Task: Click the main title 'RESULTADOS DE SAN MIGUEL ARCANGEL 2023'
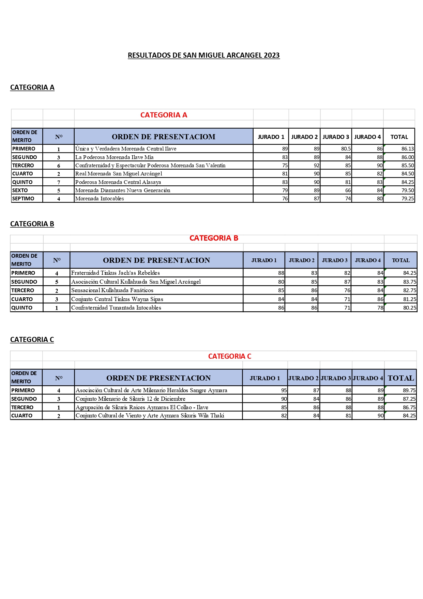click(203, 55)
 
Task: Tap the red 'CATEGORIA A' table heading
click(164, 115)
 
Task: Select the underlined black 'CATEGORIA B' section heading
click(32, 224)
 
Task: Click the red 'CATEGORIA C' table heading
click(229, 356)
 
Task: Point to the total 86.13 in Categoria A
click(407, 149)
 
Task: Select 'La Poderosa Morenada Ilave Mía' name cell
click(114, 157)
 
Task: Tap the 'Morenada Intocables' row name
click(100, 199)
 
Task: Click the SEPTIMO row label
click(23, 199)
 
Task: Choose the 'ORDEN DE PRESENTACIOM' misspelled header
click(164, 137)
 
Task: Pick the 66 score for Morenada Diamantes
click(348, 190)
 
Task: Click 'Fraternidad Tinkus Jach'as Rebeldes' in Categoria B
click(115, 273)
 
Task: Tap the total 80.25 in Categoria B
click(409, 308)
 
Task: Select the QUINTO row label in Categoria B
click(22, 308)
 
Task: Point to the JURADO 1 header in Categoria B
click(264, 260)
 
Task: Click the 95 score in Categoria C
click(284, 390)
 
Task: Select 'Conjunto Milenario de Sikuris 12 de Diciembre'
click(130, 399)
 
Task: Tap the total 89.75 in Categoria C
click(409, 390)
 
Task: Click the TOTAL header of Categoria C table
click(401, 378)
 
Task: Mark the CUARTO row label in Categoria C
click(22, 416)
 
